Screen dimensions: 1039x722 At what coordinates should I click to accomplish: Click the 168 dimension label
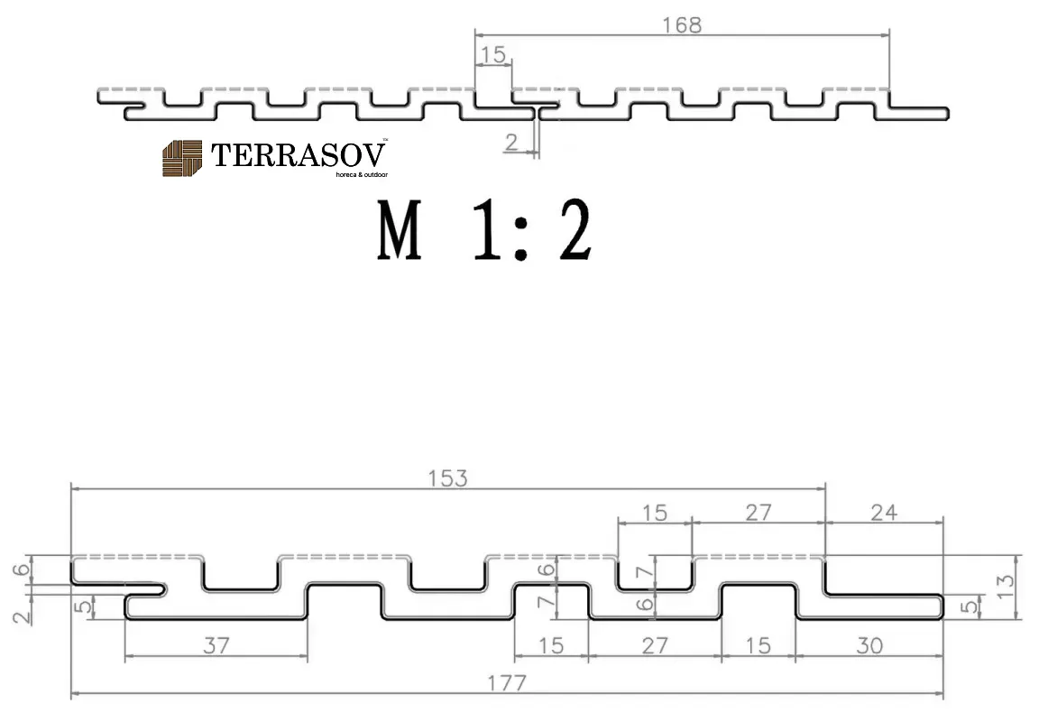682,25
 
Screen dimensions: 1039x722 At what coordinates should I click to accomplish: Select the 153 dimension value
448,478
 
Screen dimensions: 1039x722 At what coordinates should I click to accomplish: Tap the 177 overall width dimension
507,683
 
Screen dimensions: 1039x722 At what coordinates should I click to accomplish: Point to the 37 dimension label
216,645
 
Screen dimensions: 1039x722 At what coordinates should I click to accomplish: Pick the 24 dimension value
884,513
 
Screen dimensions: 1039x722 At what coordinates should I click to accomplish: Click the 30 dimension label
869,645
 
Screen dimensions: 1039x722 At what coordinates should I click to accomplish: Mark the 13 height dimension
1006,587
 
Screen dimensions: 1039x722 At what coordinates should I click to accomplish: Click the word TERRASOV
299,155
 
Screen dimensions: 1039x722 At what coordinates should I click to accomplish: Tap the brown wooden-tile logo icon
182,159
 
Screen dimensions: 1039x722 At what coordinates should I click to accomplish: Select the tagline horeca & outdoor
362,175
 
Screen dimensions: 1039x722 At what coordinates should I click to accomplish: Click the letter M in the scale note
400,230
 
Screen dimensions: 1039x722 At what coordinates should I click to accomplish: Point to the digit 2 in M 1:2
575,230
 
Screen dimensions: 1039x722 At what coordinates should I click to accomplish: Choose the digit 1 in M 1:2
486,230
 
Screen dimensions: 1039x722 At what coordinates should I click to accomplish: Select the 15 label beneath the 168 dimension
493,54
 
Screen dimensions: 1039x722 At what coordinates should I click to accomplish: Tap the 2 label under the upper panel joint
510,142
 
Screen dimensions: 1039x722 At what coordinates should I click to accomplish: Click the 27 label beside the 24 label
758,513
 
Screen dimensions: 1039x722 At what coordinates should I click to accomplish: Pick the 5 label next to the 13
969,606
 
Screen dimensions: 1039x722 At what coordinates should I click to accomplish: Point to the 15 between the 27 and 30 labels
758,645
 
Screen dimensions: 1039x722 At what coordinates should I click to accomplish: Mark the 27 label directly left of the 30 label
655,645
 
